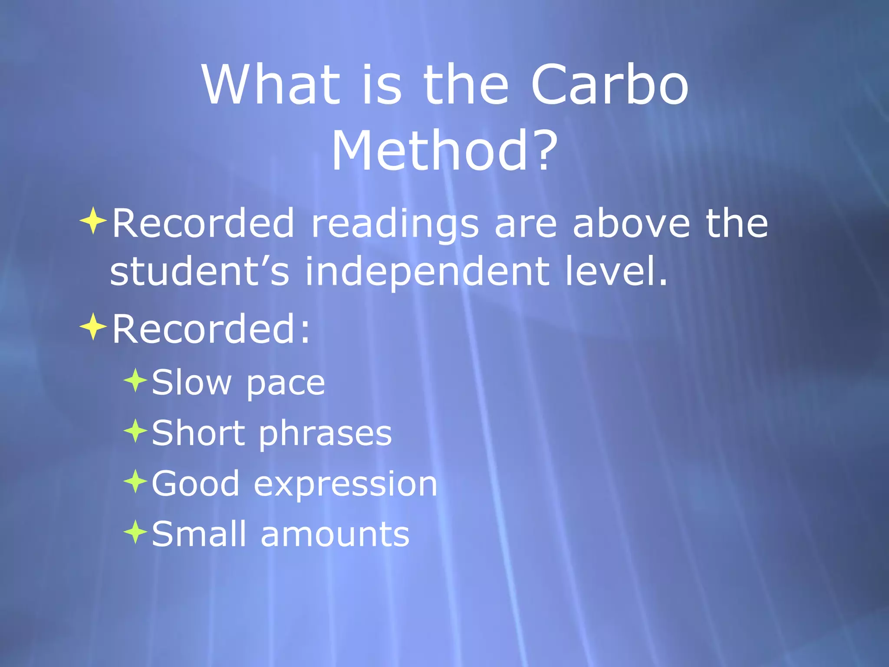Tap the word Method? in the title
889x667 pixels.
[444, 151]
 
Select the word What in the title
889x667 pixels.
[270, 85]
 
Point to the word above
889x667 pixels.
[631, 223]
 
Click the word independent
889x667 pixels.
[427, 273]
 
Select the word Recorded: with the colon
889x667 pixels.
[211, 329]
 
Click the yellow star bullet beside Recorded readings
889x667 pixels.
[93, 221]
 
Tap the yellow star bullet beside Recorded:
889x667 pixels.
[93, 327]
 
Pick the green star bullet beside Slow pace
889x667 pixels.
[136, 380]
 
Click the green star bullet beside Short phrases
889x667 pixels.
[136, 431]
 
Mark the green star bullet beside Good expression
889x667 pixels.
[136, 481]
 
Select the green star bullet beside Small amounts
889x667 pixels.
[136, 532]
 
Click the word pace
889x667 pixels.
[285, 384]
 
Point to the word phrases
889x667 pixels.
[326, 434]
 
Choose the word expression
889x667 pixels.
[346, 485]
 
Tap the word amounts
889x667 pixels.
[335, 535]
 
